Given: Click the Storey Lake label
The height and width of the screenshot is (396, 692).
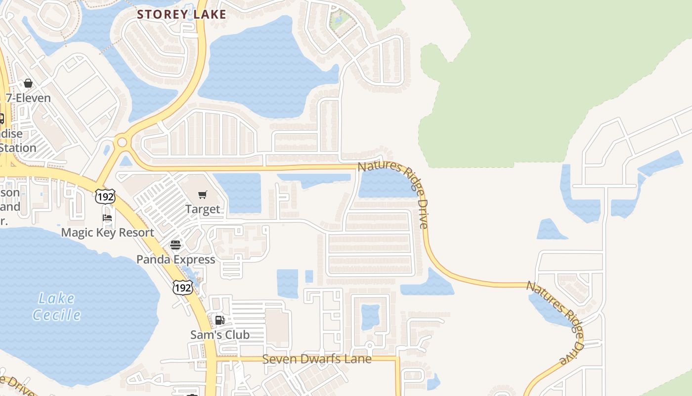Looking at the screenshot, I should tap(181, 14).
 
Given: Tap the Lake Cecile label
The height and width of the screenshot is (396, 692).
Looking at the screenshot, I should tap(57, 306).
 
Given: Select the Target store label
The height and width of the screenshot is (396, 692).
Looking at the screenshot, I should tap(203, 209).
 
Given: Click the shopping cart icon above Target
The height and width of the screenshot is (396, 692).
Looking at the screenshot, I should tap(203, 195).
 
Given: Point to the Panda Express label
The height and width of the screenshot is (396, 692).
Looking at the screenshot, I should tap(175, 259).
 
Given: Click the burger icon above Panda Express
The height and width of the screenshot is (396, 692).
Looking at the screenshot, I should tap(175, 245).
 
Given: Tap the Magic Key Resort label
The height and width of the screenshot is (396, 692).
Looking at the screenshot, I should tap(108, 232).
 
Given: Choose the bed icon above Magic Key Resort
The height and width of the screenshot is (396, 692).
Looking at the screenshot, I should tap(107, 218).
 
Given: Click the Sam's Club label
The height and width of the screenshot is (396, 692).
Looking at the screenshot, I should tap(220, 335).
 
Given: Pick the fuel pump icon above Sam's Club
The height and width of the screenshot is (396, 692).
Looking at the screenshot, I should tap(220, 320).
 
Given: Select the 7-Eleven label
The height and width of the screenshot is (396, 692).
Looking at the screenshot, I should tap(28, 98).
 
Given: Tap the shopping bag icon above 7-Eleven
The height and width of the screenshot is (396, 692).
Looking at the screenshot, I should tap(28, 83).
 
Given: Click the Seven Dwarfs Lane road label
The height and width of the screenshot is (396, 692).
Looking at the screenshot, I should tap(316, 359).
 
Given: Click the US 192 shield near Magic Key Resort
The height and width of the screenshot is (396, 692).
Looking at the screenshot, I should tap(106, 197).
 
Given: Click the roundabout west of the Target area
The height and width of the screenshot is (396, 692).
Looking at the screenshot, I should tap(122, 143).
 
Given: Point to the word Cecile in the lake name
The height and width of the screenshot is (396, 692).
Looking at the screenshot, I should tap(57, 315).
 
